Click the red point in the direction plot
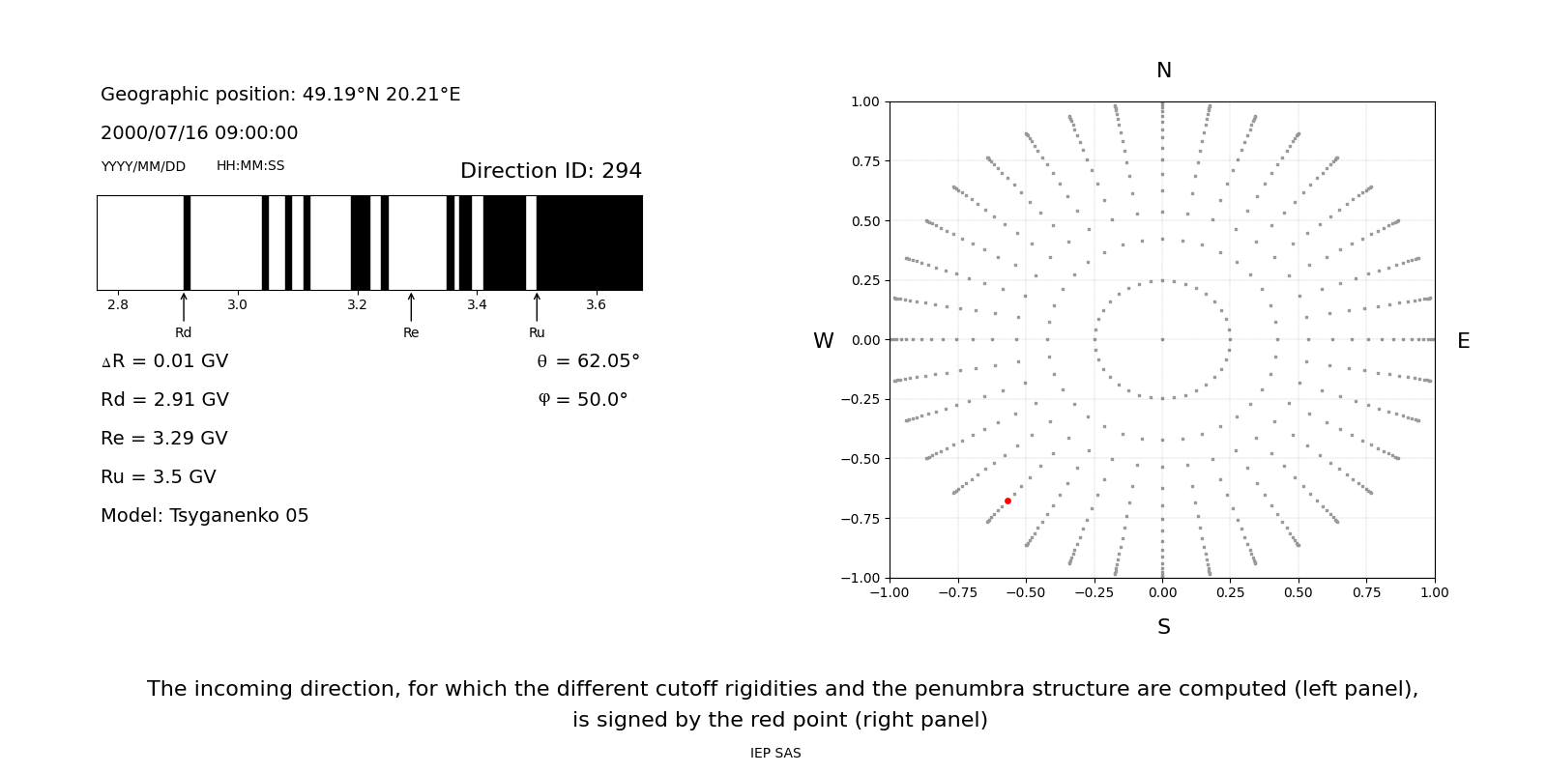1007,501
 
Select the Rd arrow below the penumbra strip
184,306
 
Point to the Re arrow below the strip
411,306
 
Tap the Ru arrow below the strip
537,306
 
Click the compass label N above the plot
1163,71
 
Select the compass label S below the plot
1163,627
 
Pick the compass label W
823,341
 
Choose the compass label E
1463,341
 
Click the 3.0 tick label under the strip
237,305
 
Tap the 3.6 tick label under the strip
596,305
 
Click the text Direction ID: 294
550,171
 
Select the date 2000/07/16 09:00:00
199,133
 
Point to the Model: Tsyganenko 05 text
205,516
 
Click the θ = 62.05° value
588,361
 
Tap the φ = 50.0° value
583,400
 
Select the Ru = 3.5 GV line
159,477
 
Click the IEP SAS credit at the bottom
775,754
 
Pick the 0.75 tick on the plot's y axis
864,161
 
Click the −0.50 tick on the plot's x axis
1026,592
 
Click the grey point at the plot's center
1162,339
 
